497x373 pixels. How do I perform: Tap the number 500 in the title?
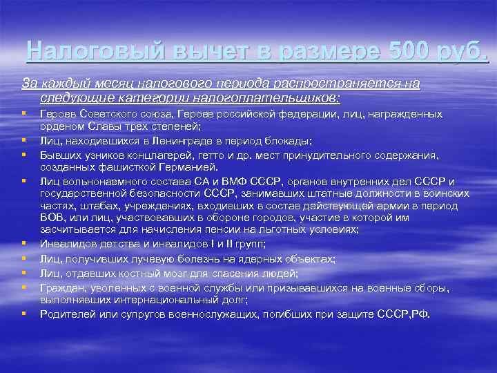click(412, 50)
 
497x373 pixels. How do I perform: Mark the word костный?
click(140, 274)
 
